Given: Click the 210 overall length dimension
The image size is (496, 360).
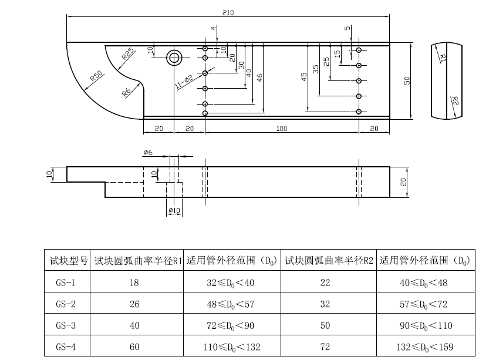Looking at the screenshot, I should coord(228,13).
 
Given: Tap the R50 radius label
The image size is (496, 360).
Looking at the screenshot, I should coord(96,76).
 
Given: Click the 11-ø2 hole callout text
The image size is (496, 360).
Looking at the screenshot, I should coord(184,82).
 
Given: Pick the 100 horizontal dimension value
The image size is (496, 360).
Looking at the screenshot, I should coord(282,129).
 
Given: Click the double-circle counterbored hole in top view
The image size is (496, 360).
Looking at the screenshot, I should coord(174,58).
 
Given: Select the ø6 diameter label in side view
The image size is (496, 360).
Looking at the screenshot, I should coord(148,153).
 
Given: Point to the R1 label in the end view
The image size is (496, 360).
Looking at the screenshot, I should coord(443,57).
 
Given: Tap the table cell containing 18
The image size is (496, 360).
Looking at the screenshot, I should coord(134,282).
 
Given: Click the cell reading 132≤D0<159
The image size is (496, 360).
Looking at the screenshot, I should coord(425,346).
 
